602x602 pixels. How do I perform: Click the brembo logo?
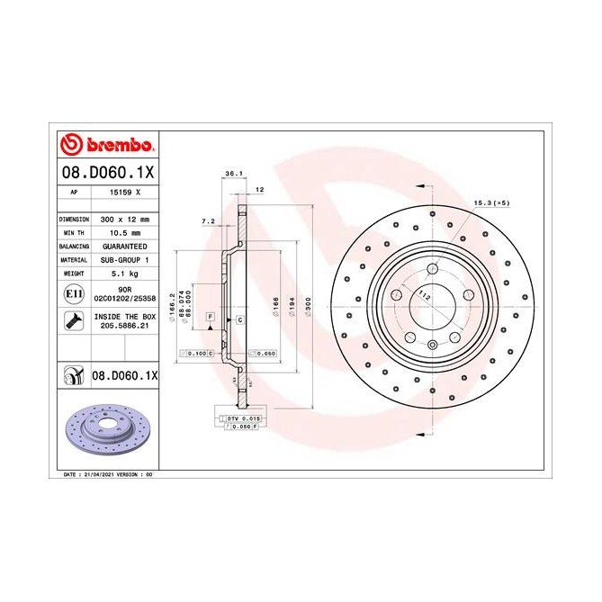click(107, 145)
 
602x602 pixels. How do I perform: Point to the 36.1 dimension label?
click(233, 173)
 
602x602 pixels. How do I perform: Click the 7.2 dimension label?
click(208, 220)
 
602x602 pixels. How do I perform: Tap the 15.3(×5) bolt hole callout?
click(491, 202)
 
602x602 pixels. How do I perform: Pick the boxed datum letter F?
click(210, 318)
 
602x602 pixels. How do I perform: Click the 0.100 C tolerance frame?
click(197, 354)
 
